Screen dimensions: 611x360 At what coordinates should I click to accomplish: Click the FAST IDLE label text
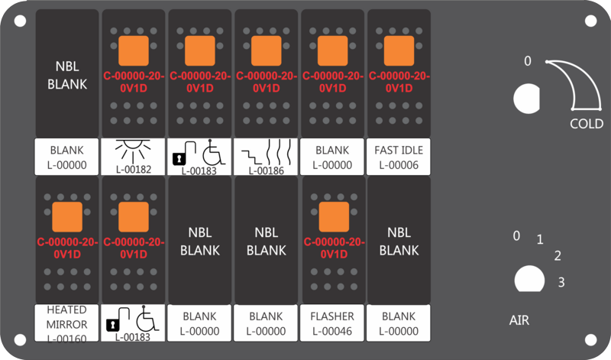399,150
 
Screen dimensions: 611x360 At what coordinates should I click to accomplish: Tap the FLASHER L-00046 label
332,323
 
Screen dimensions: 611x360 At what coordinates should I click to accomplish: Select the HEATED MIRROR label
66,317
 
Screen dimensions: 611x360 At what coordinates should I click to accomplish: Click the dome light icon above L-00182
133,151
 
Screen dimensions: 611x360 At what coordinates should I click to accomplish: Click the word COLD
587,124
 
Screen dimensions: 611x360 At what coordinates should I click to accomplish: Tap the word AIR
519,320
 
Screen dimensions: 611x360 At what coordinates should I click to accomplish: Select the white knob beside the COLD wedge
526,99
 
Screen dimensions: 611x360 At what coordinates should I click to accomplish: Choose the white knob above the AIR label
529,279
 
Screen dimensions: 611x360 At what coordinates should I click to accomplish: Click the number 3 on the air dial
561,282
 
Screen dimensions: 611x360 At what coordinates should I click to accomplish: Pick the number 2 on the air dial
558,256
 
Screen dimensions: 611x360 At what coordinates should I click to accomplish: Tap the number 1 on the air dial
540,239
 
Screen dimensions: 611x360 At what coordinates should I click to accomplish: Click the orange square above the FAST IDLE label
399,50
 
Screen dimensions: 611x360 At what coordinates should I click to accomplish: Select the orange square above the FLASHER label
334,217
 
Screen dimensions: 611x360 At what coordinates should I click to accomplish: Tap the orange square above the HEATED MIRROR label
67,217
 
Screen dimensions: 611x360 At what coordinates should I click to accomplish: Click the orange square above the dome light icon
133,50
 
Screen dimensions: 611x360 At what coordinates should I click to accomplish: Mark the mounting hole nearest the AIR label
590,339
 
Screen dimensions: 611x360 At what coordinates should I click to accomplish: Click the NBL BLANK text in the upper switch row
67,75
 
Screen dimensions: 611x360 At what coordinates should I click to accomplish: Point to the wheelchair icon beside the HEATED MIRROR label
147,318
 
